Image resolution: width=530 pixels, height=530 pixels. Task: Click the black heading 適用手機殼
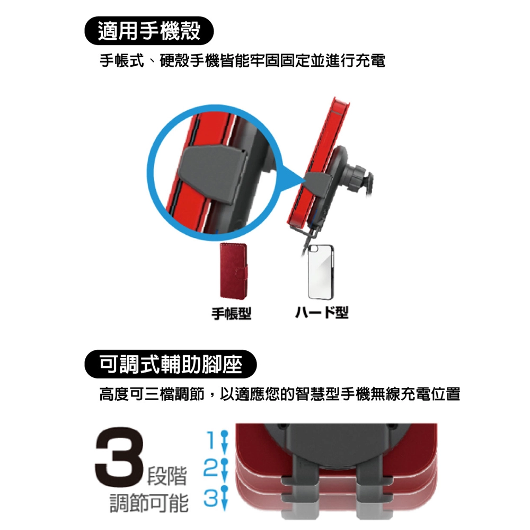[149, 31]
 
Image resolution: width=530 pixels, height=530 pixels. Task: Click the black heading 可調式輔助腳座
[171, 365]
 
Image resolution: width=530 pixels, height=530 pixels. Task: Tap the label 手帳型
[231, 313]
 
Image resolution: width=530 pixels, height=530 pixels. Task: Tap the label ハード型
[322, 312]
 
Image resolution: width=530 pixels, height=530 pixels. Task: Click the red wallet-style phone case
[233, 271]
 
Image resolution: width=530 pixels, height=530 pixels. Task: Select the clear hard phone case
[321, 272]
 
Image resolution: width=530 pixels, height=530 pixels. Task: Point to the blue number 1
[211, 440]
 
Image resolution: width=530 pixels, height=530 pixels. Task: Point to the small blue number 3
[210, 498]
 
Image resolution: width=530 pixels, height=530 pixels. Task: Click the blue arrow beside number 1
[224, 443]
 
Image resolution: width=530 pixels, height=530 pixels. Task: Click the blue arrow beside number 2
[224, 471]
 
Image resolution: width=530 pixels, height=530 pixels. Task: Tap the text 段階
[167, 476]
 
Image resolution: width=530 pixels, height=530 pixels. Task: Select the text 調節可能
[149, 503]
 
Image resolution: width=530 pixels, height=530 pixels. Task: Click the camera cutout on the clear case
[314, 249]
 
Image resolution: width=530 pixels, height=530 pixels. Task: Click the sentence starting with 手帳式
[242, 61]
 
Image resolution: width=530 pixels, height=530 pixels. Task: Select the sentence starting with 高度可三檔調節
[280, 394]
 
